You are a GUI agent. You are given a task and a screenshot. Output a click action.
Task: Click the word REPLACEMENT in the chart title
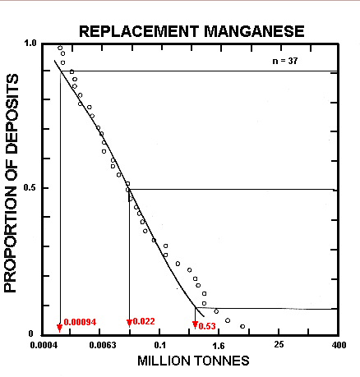click(136, 33)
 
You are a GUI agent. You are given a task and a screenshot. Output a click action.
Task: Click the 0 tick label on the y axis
click(37, 334)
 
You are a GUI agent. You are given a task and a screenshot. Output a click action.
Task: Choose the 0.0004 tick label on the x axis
click(46, 345)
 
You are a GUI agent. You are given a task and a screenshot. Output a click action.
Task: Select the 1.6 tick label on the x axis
click(220, 345)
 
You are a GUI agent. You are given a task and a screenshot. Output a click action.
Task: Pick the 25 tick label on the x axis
click(279, 345)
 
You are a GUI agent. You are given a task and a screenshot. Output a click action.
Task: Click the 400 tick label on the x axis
click(336, 345)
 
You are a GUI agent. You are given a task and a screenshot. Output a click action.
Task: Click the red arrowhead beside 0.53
click(195, 325)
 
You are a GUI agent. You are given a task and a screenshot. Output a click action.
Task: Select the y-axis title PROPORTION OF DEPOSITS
click(12, 189)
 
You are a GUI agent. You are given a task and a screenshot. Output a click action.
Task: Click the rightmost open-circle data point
click(242, 326)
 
